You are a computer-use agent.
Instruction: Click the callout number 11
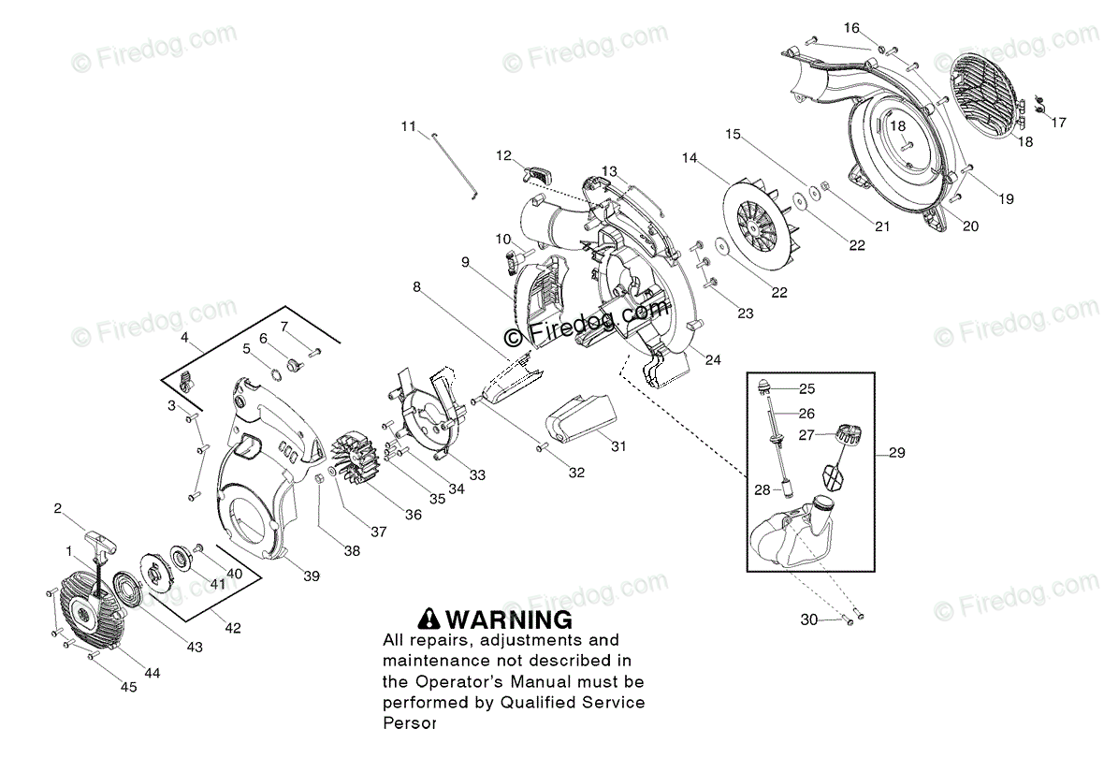point(407,126)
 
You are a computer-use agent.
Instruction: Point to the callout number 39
point(312,576)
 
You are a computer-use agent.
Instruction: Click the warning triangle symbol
point(429,619)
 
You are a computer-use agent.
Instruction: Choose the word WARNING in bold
point(509,619)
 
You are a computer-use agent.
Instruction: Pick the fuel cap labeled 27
point(846,435)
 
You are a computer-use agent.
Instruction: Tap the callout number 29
point(897,454)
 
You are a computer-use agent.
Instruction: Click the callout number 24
point(713,360)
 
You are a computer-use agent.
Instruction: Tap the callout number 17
point(1058,123)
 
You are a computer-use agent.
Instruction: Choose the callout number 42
point(233,628)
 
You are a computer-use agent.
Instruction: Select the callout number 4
point(184,336)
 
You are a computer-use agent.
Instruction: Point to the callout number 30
point(808,620)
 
